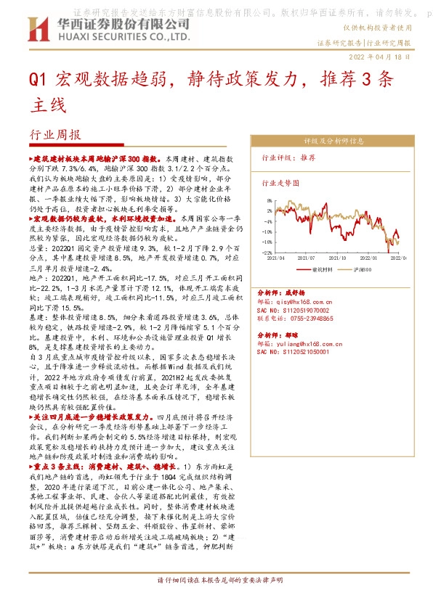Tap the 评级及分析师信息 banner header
coord(328,142)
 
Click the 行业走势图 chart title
coord(280,184)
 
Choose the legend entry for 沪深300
coord(361,268)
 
